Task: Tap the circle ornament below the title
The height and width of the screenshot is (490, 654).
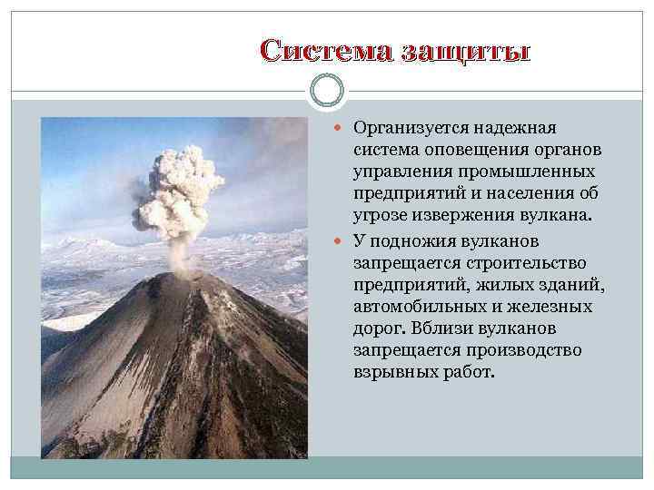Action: coord(326,91)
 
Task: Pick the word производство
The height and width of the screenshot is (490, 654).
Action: coord(512,351)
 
